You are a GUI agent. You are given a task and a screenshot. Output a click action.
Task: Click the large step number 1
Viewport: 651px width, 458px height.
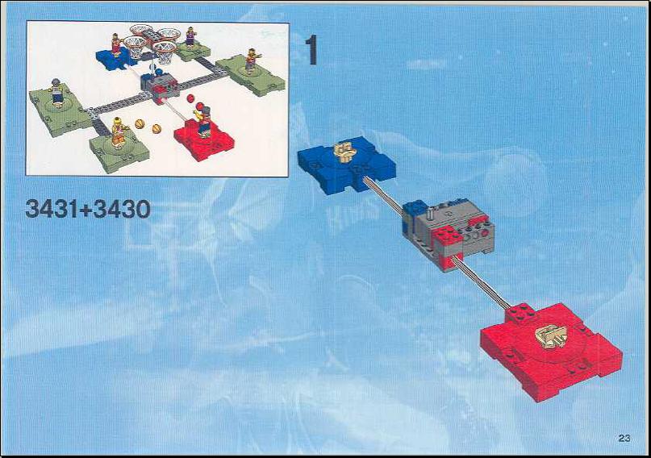pos(312,50)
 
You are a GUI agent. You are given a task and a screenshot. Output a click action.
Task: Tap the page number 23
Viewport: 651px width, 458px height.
pos(624,438)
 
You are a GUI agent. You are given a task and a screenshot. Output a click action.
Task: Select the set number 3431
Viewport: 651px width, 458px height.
pos(52,209)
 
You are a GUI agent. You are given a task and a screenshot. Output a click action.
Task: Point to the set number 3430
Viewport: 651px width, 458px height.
pos(122,209)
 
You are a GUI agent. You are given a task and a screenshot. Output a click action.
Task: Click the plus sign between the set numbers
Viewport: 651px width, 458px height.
pos(87,210)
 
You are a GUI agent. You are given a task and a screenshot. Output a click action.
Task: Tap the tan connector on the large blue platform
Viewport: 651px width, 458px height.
pos(345,152)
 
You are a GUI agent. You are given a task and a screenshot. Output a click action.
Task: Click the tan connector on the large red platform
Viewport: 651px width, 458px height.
pos(550,334)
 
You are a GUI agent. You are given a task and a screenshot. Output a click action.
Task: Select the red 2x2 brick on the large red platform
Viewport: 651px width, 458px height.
pos(520,313)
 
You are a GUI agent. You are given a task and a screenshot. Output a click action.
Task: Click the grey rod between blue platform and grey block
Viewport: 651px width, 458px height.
pos(384,195)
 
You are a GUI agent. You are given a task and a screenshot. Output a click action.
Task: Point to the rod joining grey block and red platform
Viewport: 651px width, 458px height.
pos(482,283)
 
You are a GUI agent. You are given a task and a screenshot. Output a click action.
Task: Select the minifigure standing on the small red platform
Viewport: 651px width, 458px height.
pos(203,120)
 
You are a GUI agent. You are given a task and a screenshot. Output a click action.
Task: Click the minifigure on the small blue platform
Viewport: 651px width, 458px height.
pos(116,45)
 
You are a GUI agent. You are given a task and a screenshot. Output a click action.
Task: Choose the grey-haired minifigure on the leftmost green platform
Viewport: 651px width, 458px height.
pos(57,93)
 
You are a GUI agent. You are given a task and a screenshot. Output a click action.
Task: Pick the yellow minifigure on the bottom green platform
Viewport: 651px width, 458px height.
pos(119,132)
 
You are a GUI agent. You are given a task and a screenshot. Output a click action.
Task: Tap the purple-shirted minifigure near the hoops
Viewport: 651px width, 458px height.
pos(190,36)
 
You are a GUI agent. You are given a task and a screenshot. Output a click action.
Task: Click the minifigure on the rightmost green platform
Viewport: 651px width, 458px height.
pos(251,61)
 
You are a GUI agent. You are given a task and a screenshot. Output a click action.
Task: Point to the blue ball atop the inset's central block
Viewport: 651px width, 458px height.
pos(159,73)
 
